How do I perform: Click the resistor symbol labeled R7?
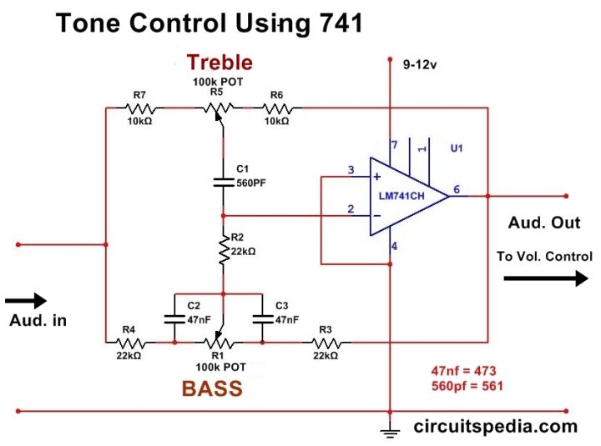point(139,108)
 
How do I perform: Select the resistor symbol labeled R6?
point(276,108)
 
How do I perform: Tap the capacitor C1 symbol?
point(223,181)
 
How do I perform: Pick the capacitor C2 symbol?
point(174,318)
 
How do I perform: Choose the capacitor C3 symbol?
point(262,318)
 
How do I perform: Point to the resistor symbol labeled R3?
point(325,342)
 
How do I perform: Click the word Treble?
point(219,63)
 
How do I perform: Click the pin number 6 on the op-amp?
point(457,189)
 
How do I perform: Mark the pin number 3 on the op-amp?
point(351,171)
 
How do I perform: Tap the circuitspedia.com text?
point(496,426)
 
